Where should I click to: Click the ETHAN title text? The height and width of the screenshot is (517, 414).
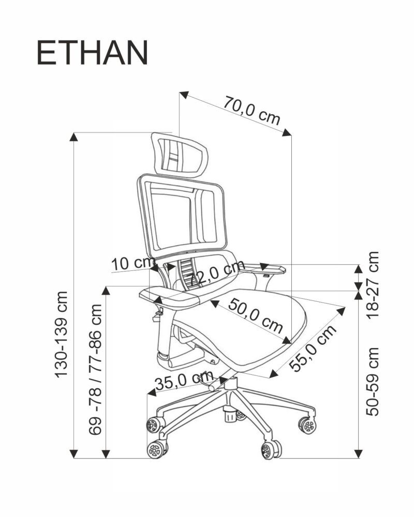[x=92, y=53]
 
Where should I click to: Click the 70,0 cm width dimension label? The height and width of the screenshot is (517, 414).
[x=252, y=111]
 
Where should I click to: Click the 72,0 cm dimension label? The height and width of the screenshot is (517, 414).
[x=216, y=275]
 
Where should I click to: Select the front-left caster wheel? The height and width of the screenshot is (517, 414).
[x=156, y=448]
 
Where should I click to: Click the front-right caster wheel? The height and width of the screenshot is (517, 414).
[x=270, y=449]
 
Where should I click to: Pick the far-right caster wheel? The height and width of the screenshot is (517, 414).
[x=307, y=425]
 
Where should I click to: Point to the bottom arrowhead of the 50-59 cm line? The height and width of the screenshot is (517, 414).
[x=358, y=454]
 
